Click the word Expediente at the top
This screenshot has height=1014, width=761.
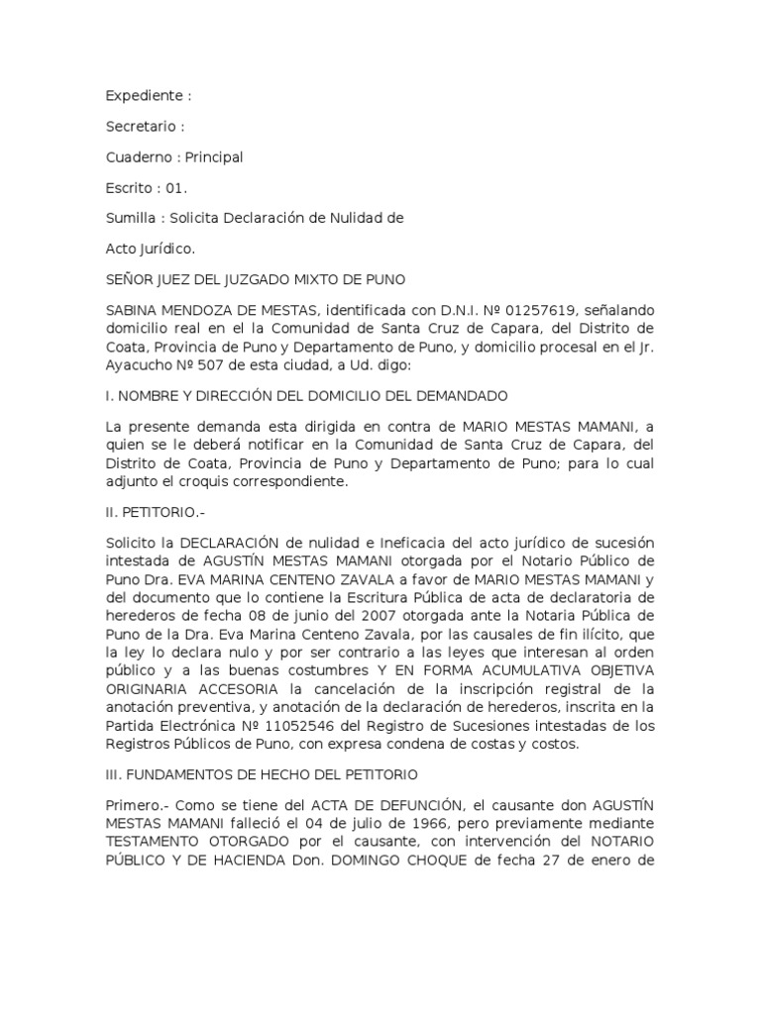point(144,96)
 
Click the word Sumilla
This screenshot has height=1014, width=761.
point(132,218)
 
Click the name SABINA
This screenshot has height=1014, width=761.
point(133,310)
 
